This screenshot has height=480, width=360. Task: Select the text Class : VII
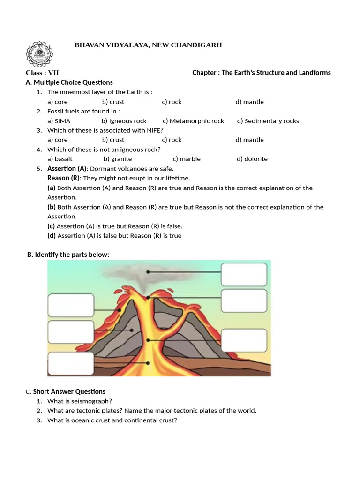point(42,73)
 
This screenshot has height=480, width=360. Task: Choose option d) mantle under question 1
point(249,102)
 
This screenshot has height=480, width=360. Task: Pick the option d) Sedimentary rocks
point(268,121)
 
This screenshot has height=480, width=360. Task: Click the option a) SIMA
point(59,121)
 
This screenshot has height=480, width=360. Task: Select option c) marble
point(187,159)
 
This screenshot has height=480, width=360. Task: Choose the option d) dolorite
point(252,159)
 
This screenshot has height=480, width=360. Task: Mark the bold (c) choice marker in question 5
point(52,226)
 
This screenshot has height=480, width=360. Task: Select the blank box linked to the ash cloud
point(244,274)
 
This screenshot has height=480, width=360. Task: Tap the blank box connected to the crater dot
point(244,300)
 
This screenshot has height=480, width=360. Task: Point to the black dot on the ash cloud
point(148,272)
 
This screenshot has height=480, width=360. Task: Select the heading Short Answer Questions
point(69,391)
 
